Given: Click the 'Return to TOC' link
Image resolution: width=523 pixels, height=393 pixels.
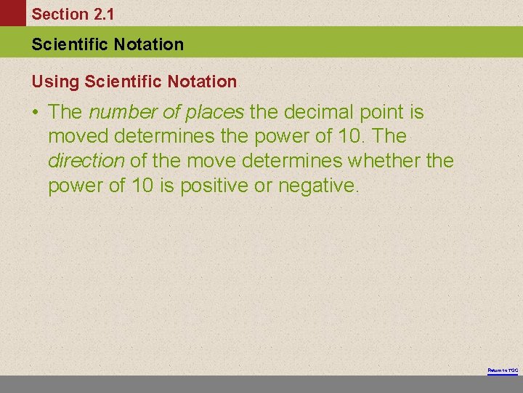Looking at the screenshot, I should tap(503, 371).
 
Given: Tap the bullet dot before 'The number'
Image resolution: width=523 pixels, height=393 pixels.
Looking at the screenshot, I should tap(36, 114).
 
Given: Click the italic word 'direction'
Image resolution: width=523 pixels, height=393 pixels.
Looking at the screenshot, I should tap(86, 161).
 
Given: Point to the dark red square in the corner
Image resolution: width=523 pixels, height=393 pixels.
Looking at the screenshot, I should tap(12, 13).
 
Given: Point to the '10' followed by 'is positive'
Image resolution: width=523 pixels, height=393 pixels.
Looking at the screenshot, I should tap(142, 186).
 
